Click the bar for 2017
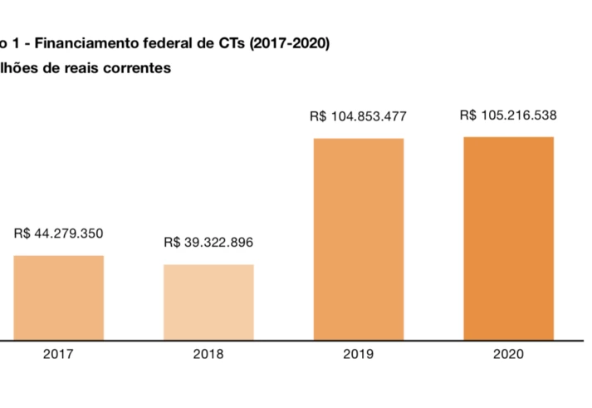pyautogui.click(x=59, y=297)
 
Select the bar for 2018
pyautogui.click(x=208, y=302)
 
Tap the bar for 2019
pyautogui.click(x=359, y=239)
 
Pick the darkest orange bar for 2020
pyautogui.click(x=508, y=238)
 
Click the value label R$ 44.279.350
pyautogui.click(x=59, y=234)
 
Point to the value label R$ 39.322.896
pyautogui.click(x=208, y=243)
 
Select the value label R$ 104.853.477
pyautogui.click(x=358, y=116)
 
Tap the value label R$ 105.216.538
pyautogui.click(x=508, y=116)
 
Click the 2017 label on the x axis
pyautogui.click(x=59, y=354)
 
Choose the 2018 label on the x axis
pyautogui.click(x=208, y=354)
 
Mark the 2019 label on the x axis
pyautogui.click(x=358, y=354)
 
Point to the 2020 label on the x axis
pyautogui.click(x=508, y=354)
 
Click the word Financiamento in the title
pyautogui.click(x=87, y=44)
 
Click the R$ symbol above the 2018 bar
pyautogui.click(x=172, y=243)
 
